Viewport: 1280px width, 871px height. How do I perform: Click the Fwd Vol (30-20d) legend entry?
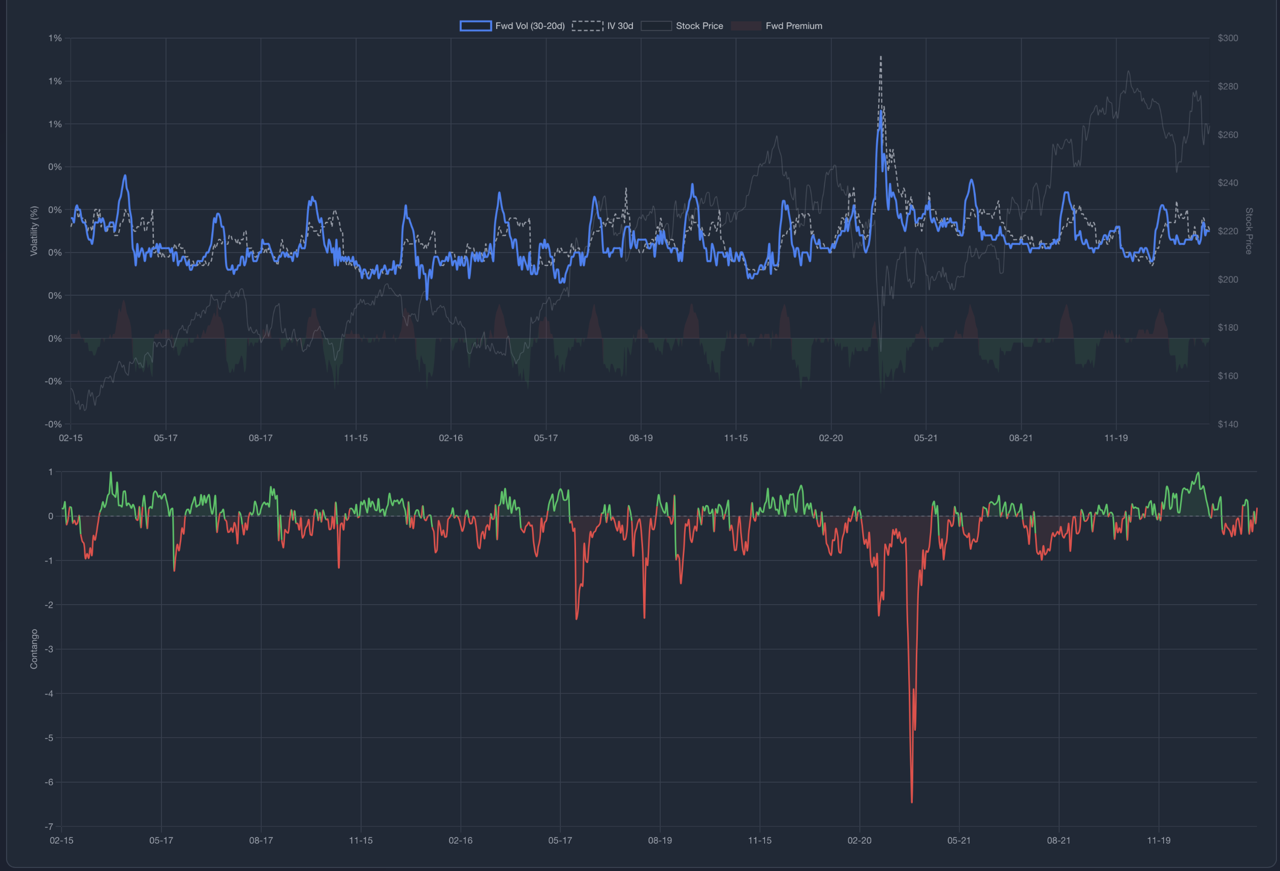click(x=512, y=26)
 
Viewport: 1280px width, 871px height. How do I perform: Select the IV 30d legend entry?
click(x=602, y=26)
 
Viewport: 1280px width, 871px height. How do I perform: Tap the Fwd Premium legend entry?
click(x=777, y=26)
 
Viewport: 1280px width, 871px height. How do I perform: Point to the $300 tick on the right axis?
click(x=1228, y=38)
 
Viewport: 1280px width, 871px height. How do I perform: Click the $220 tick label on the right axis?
click(x=1228, y=231)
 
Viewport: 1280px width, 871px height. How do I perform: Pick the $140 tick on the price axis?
click(x=1228, y=424)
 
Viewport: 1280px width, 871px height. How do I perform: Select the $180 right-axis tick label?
click(x=1228, y=328)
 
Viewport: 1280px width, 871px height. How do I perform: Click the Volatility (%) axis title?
click(x=34, y=231)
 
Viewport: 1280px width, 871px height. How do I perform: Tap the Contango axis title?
click(x=34, y=649)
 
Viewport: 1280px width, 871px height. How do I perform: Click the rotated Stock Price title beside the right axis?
click(x=1249, y=231)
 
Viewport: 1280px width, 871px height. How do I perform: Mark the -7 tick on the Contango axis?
click(x=49, y=826)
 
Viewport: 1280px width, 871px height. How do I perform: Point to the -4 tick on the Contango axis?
click(x=49, y=694)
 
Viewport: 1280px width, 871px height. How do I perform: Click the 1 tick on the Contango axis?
click(x=51, y=472)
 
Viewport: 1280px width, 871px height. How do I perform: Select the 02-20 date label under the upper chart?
click(x=830, y=438)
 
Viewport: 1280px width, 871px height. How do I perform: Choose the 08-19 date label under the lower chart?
click(x=660, y=840)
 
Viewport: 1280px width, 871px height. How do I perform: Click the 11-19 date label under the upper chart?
click(x=1116, y=438)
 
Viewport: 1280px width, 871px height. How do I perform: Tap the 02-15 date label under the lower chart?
click(x=61, y=840)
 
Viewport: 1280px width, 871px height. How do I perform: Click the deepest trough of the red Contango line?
click(x=912, y=802)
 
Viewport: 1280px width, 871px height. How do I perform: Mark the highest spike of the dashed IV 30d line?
click(x=881, y=57)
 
